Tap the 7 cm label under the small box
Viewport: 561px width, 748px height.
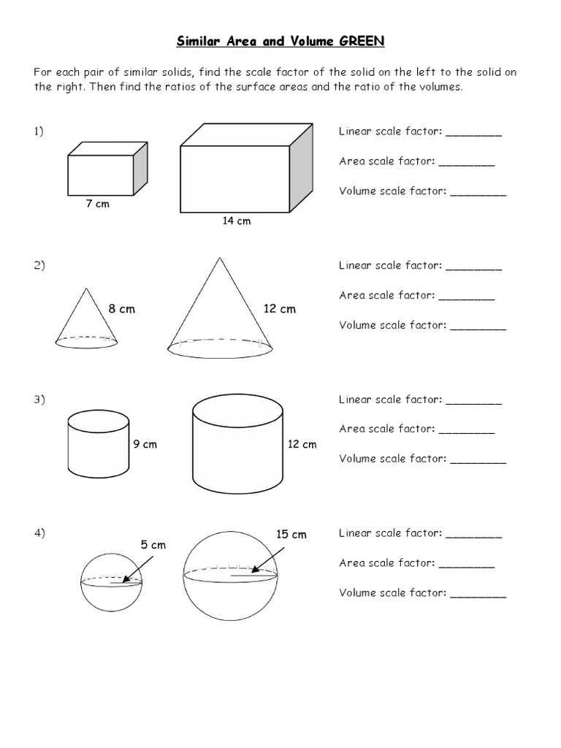pyautogui.click(x=97, y=205)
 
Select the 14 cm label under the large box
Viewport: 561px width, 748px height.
pyautogui.click(x=237, y=221)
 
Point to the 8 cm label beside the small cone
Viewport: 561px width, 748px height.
pyautogui.click(x=122, y=309)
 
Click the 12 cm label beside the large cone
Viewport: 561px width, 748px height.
pyautogui.click(x=280, y=309)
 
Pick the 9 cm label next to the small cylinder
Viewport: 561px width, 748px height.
pyautogui.click(x=145, y=444)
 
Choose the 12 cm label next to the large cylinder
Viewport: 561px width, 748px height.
pyautogui.click(x=302, y=444)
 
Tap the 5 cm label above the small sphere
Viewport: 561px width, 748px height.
pyautogui.click(x=153, y=545)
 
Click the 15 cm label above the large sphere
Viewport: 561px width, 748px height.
pyautogui.click(x=291, y=535)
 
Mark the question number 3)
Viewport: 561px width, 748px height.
pyautogui.click(x=39, y=400)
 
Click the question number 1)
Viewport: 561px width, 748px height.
pyautogui.click(x=39, y=131)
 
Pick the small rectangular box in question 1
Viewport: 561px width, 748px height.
pyautogui.click(x=100, y=174)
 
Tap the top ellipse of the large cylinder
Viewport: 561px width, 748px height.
pyautogui.click(x=237, y=410)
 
